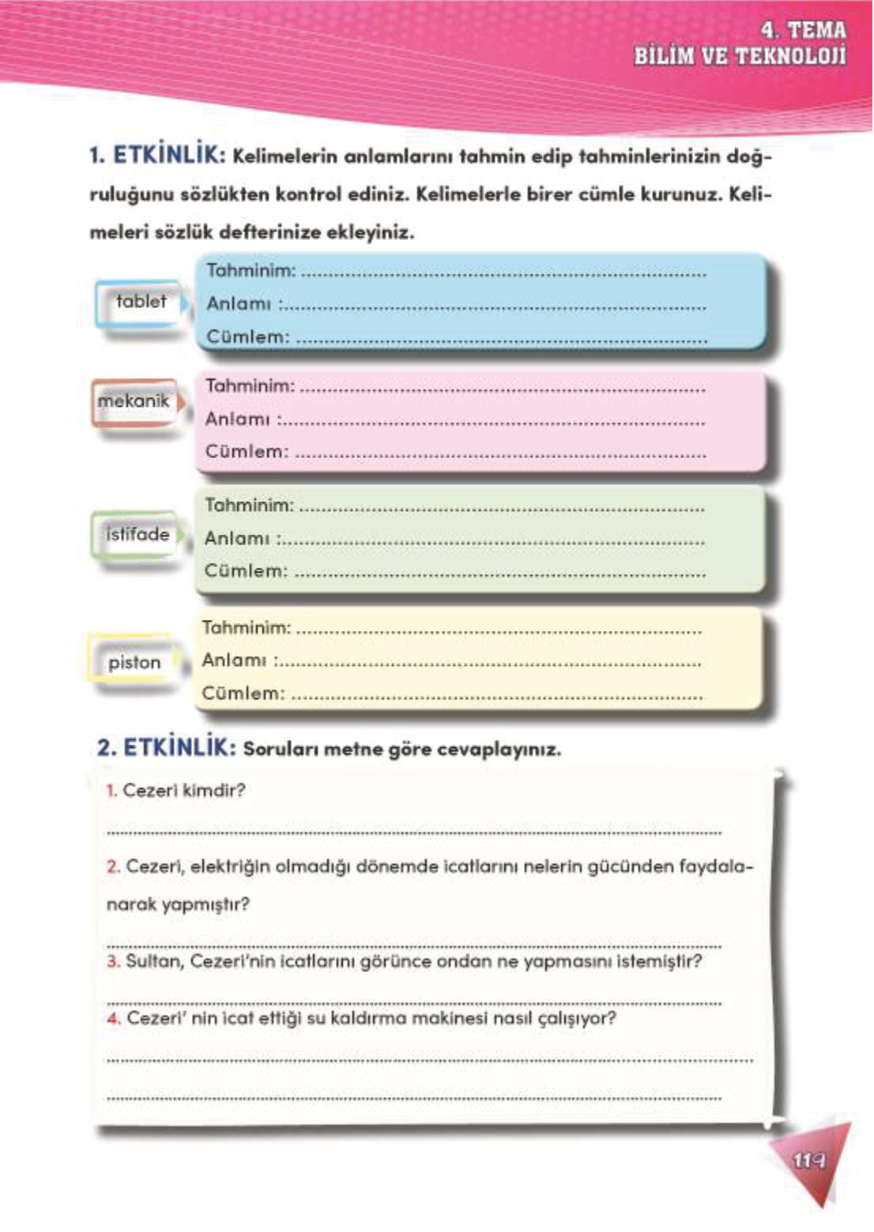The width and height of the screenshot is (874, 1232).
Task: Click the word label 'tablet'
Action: click(x=141, y=302)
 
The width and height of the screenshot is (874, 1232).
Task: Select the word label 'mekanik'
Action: click(x=134, y=401)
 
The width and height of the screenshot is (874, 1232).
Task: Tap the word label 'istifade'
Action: click(x=138, y=535)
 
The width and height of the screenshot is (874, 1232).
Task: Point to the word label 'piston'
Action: click(x=134, y=663)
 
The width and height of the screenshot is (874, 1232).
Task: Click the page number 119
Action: click(x=808, y=1160)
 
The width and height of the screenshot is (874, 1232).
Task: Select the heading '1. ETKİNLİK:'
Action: click(x=157, y=155)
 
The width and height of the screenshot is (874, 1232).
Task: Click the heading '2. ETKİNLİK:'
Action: click(x=166, y=748)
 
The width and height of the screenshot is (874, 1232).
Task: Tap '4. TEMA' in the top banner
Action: click(x=803, y=30)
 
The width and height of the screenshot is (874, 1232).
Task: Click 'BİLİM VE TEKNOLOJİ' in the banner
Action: click(x=740, y=56)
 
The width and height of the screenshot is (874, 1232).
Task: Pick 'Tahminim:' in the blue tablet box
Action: click(x=251, y=271)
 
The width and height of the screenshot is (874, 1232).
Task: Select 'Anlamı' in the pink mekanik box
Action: click(x=237, y=419)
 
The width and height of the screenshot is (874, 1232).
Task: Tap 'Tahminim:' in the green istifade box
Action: click(x=249, y=505)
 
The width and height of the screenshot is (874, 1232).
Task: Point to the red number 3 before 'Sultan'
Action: click(x=113, y=962)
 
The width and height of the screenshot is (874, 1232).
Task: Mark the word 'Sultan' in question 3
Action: click(x=153, y=962)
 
